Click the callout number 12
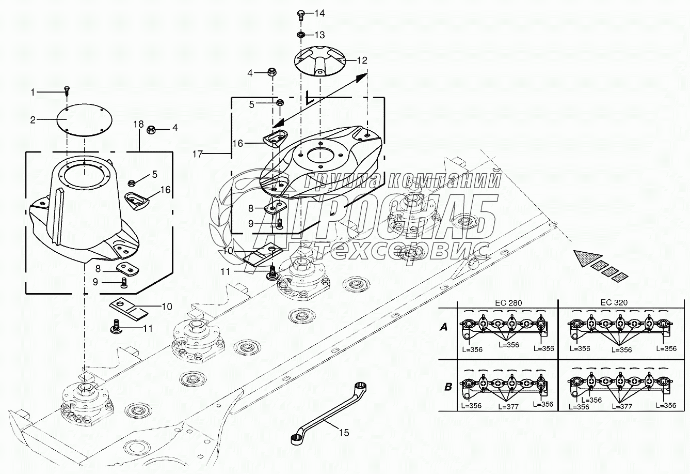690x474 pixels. (x=361, y=60)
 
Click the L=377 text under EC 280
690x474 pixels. (x=508, y=406)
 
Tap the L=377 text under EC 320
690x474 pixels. (x=621, y=407)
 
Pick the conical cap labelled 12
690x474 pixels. (x=320, y=61)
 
